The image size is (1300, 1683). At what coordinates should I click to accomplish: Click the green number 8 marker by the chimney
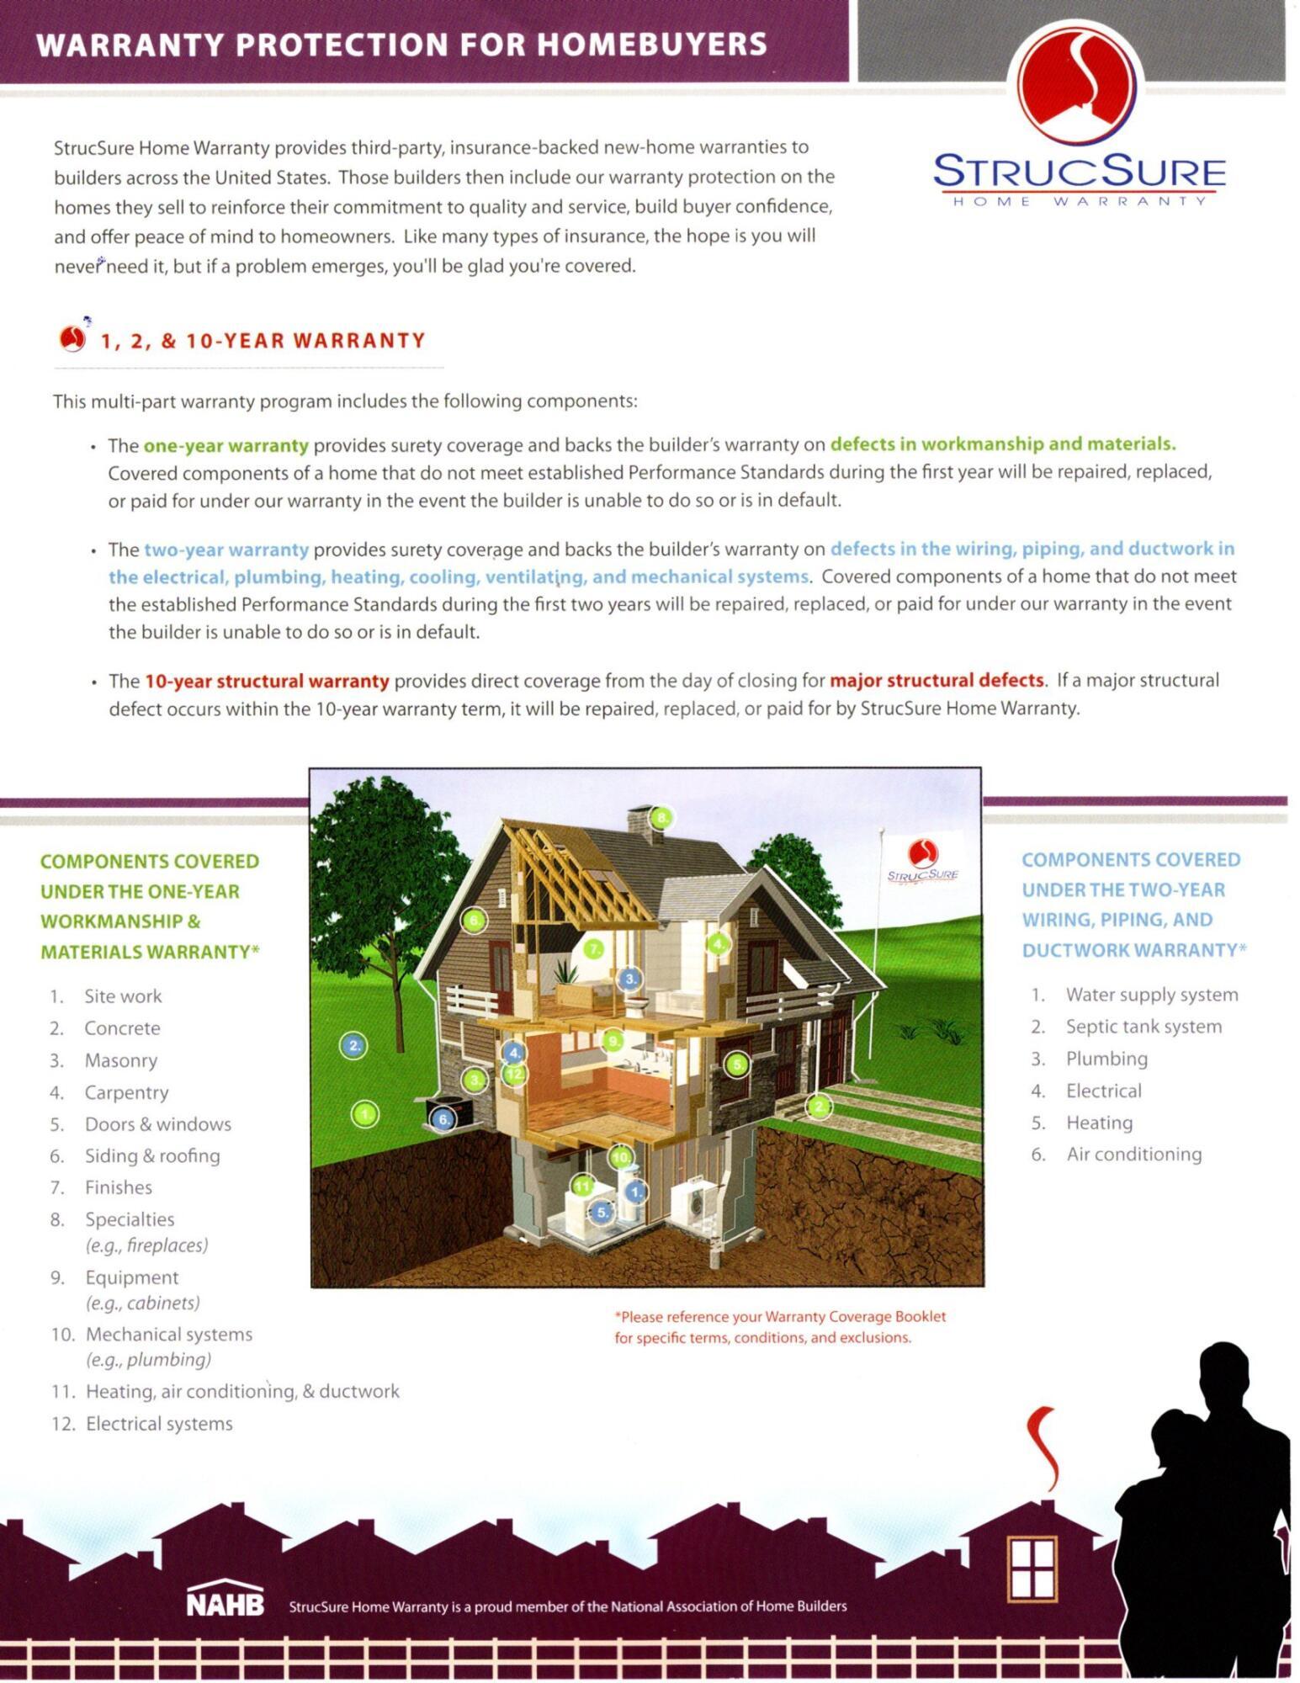(x=662, y=817)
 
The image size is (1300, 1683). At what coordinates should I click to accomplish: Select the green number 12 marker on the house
(x=514, y=1073)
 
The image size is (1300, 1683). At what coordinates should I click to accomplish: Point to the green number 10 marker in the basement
(x=621, y=1158)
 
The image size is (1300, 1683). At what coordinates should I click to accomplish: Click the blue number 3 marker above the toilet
(x=630, y=978)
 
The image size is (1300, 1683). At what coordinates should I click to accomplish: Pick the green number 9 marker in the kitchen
(x=613, y=1041)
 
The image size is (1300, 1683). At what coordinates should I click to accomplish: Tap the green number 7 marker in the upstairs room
(x=594, y=949)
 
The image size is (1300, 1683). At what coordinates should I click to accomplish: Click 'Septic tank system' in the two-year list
(x=1143, y=1027)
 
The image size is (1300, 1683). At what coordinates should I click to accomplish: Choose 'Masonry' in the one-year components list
(x=120, y=1060)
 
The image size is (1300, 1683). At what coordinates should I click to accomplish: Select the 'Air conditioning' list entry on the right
(x=1133, y=1154)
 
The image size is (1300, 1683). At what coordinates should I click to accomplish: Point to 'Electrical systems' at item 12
(x=159, y=1424)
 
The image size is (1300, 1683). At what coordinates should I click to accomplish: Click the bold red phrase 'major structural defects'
(x=937, y=680)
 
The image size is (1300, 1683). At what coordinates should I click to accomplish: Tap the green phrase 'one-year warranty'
(x=226, y=444)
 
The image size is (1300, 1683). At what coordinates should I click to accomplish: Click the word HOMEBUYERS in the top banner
(x=652, y=44)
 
